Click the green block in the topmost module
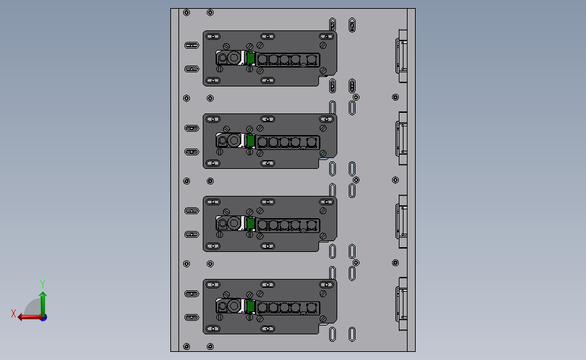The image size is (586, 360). tap(251, 58)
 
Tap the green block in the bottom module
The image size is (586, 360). tap(251, 307)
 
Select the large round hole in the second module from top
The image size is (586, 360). tap(234, 140)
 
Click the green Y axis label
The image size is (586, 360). tap(43, 284)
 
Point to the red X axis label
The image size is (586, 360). tap(14, 313)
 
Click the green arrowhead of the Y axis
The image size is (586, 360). tap(43, 295)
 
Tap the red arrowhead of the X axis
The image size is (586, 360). tap(20, 317)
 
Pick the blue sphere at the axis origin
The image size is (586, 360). tap(44, 318)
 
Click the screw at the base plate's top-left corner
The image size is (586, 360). tap(187, 13)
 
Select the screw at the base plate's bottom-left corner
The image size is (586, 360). tap(187, 346)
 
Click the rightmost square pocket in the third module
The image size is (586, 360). tap(312, 225)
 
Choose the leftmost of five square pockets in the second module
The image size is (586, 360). tap(262, 143)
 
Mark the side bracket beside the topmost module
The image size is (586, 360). tap(401, 56)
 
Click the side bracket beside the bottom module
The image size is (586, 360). tap(401, 304)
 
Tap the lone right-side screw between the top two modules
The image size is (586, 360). tap(395, 97)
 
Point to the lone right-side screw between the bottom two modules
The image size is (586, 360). tap(395, 263)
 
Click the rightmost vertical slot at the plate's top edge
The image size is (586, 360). tap(352, 25)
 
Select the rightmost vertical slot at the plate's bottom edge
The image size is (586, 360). tap(352, 334)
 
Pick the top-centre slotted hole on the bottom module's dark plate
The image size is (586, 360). tap(268, 284)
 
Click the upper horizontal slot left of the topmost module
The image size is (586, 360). tap(192, 45)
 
